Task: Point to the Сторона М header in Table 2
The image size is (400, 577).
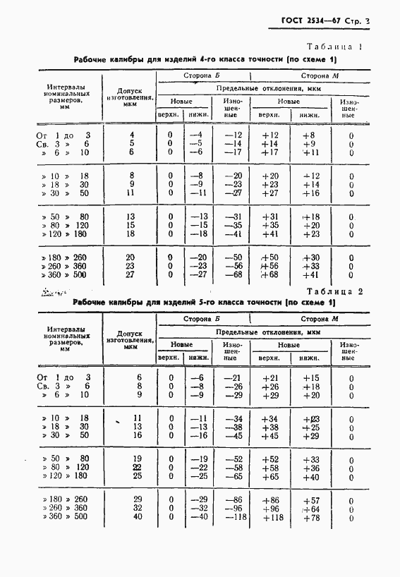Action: (310, 318)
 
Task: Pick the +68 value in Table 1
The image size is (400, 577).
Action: (269, 274)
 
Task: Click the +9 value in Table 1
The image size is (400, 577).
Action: (308, 143)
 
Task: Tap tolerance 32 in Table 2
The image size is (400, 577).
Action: (138, 509)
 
